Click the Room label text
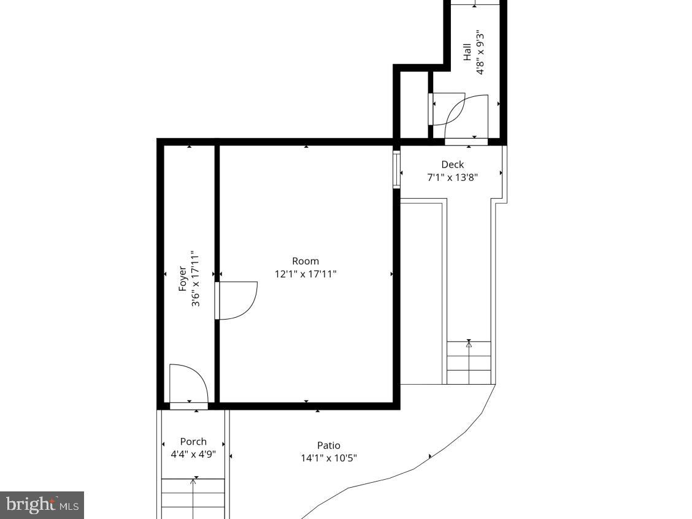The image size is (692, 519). (305, 261)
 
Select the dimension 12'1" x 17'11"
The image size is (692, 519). (305, 274)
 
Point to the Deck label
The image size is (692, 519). (452, 164)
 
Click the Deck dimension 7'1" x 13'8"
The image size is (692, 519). (452, 177)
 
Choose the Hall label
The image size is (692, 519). (467, 52)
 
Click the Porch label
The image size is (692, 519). (193, 442)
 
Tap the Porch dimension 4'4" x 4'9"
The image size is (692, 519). (193, 455)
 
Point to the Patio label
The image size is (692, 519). (328, 445)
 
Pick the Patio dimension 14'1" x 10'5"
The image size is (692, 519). (328, 458)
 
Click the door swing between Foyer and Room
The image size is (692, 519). (236, 301)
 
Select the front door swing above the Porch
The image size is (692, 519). (188, 383)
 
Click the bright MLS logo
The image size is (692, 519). (42, 505)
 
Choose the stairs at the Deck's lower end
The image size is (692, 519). (469, 363)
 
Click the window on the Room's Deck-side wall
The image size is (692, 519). (396, 170)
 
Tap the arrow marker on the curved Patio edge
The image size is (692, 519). (429, 456)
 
